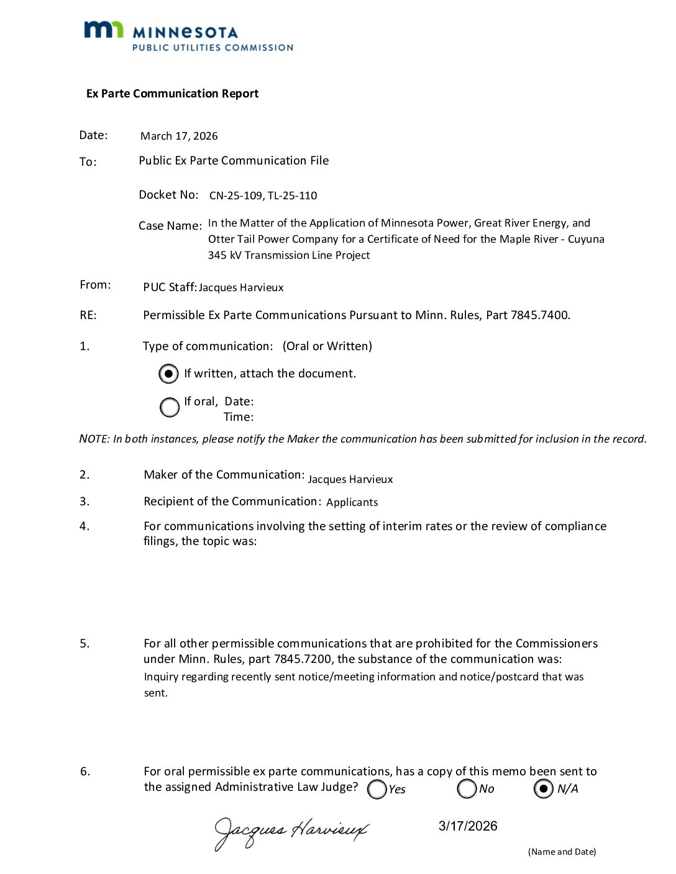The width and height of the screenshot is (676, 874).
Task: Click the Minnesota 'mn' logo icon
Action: [x=103, y=30]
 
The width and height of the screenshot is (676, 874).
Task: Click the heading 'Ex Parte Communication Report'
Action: [x=172, y=94]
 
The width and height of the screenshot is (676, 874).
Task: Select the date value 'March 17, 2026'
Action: [x=179, y=136]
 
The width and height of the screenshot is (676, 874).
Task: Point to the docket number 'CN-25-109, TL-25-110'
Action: [x=263, y=196]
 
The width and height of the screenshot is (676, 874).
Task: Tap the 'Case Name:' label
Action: [x=170, y=226]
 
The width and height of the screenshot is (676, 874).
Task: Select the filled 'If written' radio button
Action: [x=168, y=374]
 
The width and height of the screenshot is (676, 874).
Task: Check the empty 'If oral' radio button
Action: [x=169, y=407]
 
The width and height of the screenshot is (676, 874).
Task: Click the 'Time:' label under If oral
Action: [x=239, y=417]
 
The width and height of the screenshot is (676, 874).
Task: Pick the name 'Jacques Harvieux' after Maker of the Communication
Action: [x=350, y=479]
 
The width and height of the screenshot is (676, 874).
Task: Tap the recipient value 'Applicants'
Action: [x=352, y=502]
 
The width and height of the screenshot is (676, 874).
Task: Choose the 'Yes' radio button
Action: [x=377, y=789]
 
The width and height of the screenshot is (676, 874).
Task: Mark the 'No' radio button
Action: [x=467, y=788]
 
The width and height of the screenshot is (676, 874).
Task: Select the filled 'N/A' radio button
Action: [x=543, y=788]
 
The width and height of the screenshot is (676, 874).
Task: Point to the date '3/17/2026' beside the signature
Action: [x=468, y=826]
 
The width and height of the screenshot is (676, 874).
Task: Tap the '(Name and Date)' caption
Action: [x=562, y=852]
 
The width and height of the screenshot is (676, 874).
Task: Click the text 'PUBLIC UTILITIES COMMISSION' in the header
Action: [x=212, y=48]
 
